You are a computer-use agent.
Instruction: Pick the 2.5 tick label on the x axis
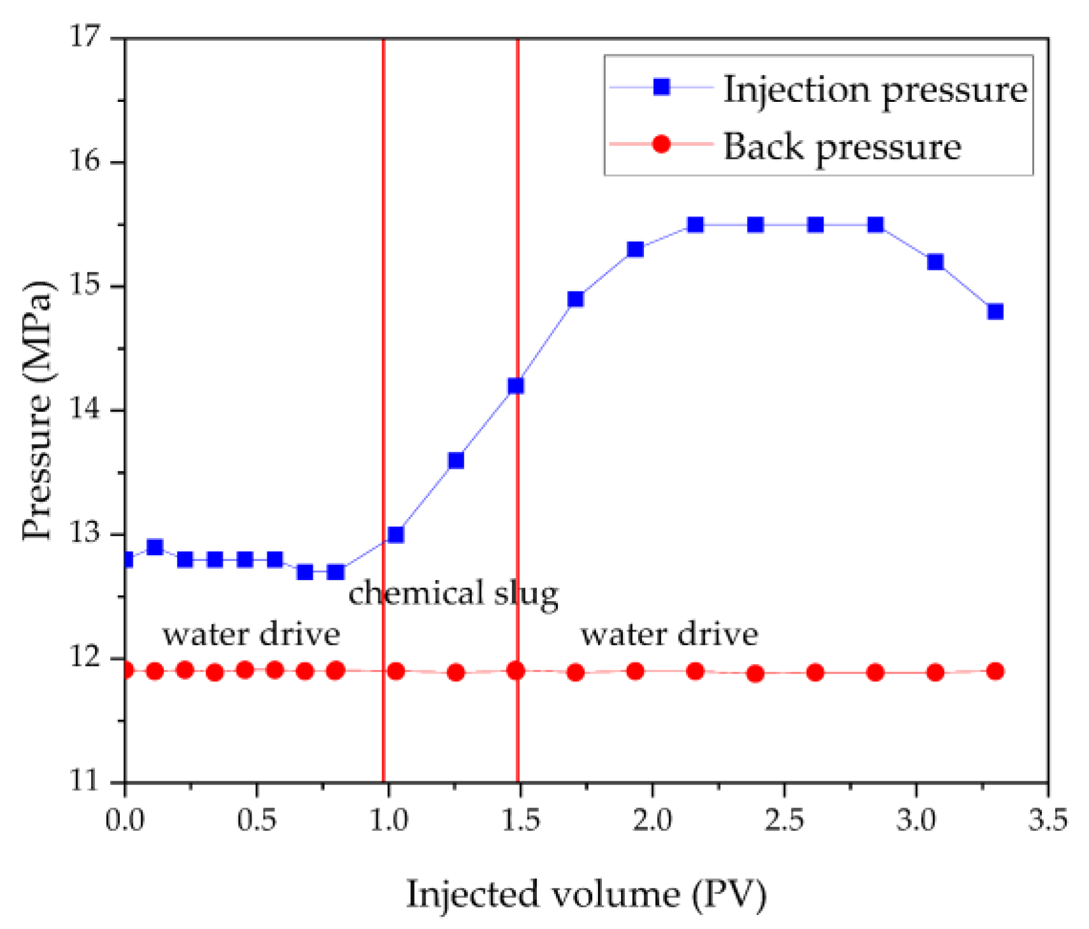pyautogui.click(x=784, y=820)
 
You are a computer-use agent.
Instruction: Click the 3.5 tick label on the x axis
pyautogui.click(x=1048, y=820)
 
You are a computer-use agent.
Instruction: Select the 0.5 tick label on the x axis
pyautogui.click(x=257, y=820)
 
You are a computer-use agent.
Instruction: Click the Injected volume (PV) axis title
pyautogui.click(x=586, y=894)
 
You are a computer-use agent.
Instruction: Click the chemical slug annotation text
pyautogui.click(x=453, y=593)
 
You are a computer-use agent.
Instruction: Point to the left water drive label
pyautogui.click(x=251, y=634)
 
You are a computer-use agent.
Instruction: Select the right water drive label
pyautogui.click(x=669, y=634)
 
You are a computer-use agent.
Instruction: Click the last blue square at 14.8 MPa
pyautogui.click(x=995, y=311)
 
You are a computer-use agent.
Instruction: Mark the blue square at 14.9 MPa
pyautogui.click(x=576, y=299)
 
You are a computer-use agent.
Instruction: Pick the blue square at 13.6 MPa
pyautogui.click(x=456, y=460)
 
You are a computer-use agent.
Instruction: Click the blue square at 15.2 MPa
pyautogui.click(x=936, y=262)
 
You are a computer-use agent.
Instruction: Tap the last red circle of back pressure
pyautogui.click(x=995, y=671)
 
